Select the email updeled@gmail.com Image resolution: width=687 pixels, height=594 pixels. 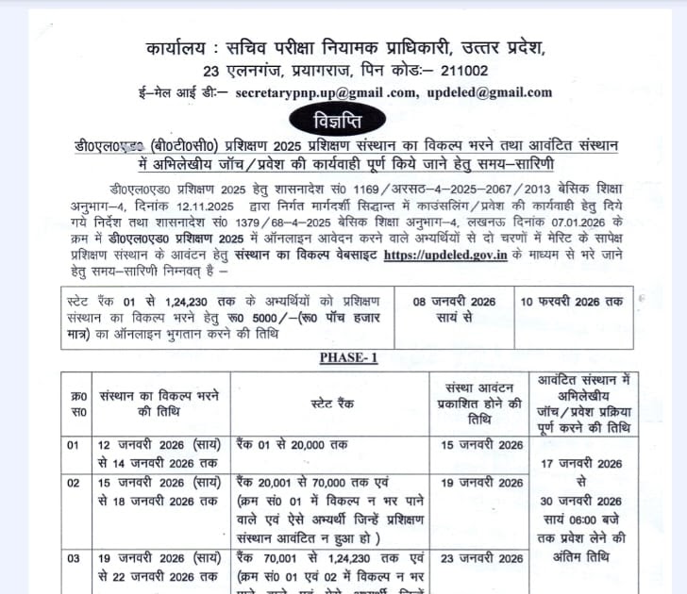(x=490, y=92)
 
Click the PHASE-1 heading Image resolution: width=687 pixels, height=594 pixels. (x=348, y=358)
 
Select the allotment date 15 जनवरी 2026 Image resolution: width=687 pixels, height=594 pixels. (x=484, y=445)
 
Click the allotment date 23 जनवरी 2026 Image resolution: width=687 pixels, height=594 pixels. (x=484, y=558)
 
